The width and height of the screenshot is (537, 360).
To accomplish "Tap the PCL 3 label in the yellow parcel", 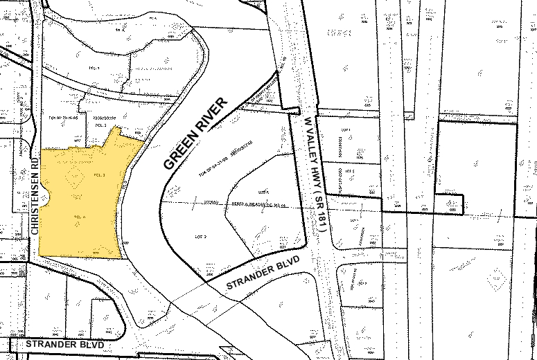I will tap(98, 175).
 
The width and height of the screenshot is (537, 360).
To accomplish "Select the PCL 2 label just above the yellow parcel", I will tap(100, 126).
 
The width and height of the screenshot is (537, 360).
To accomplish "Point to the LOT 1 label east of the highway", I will tap(346, 130).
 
